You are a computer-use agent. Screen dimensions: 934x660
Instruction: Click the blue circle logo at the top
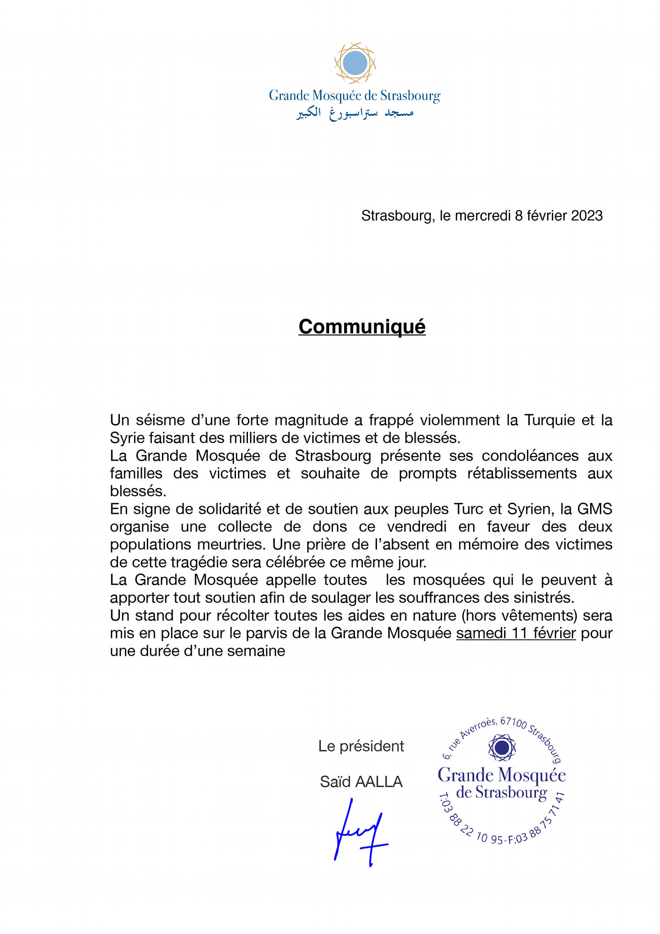[355, 63]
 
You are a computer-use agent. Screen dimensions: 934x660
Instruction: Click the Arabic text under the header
[355, 113]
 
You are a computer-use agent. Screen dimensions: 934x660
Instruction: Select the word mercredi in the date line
[483, 216]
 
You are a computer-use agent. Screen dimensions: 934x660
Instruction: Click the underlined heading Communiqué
[362, 327]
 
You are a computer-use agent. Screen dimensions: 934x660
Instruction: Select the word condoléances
[530, 456]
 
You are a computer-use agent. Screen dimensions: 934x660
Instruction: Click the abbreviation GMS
[595, 509]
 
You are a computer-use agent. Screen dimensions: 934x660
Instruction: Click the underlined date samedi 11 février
[516, 633]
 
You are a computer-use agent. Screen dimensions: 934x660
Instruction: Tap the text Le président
[361, 746]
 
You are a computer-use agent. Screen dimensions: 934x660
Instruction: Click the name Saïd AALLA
[361, 782]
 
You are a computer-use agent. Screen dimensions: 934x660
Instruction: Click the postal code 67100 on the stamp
[513, 723]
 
